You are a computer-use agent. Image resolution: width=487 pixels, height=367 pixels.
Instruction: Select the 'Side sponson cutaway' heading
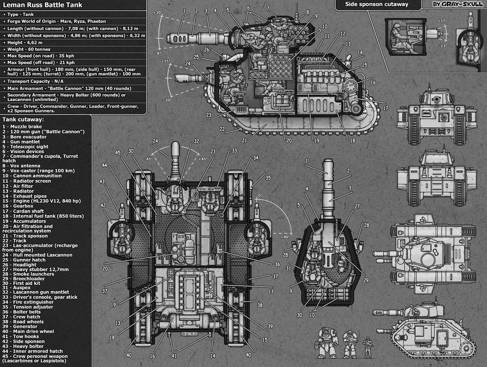pos(377,4)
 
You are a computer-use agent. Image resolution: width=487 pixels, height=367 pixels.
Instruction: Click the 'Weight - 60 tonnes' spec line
pos(28,49)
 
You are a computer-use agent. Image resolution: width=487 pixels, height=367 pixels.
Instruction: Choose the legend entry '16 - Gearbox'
pos(20,206)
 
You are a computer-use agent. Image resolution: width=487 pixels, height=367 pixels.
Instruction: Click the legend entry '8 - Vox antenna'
pos(23,166)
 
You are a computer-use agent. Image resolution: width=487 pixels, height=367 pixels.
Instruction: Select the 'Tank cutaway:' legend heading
pos(23,119)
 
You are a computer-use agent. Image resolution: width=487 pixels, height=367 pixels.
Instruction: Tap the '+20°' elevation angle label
pos(158,13)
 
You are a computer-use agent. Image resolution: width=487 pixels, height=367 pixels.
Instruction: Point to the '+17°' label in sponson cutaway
pos(442,21)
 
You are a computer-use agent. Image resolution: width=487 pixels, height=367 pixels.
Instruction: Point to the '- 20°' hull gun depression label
pos(167,100)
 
